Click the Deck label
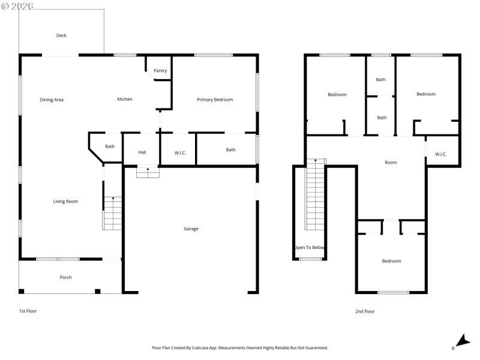coord(61,35)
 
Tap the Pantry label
coord(160,71)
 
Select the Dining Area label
coord(52,100)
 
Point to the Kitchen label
coord(124,99)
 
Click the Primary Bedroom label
coord(215,100)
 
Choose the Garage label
coord(191,229)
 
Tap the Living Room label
coord(65,202)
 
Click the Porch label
coord(65,277)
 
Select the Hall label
coord(142,152)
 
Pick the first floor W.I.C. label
coord(180,153)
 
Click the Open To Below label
coord(310,247)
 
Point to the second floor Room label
coord(391,163)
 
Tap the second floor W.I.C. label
coord(440,154)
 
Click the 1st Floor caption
coord(28,311)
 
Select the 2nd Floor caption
coord(365,311)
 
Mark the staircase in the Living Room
coord(112,213)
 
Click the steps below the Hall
coord(148,172)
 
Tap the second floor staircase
coord(315,195)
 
